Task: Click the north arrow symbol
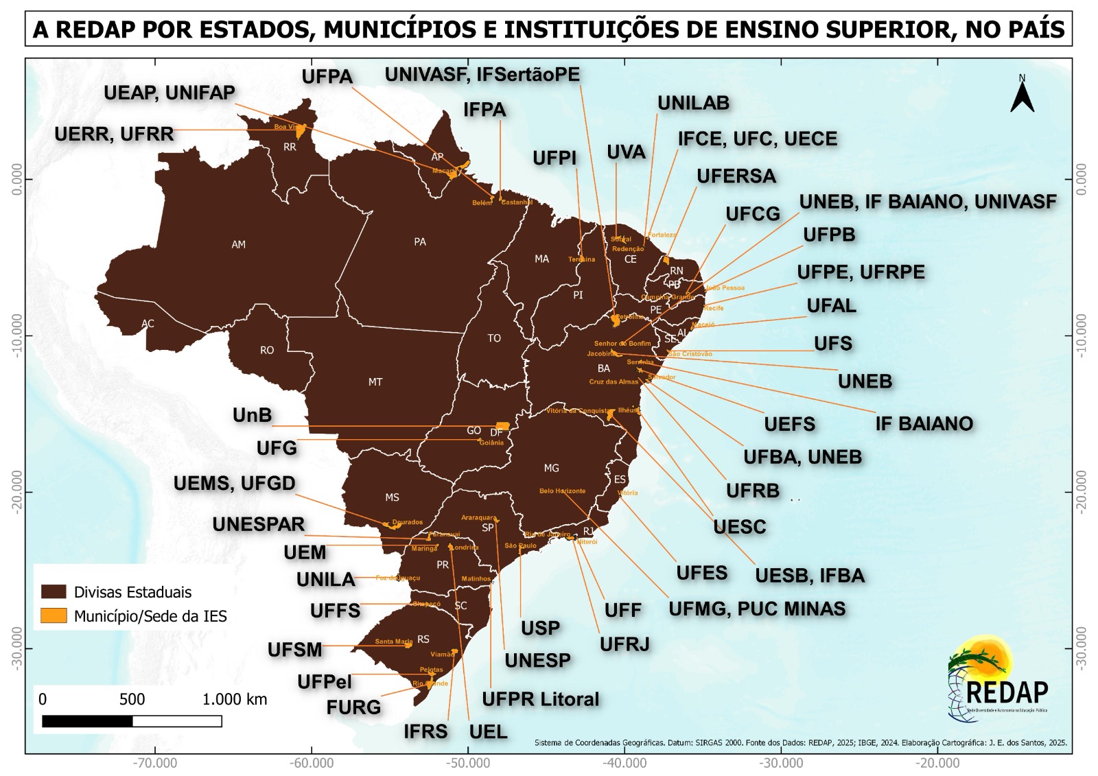tap(1022, 96)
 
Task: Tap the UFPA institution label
tap(327, 76)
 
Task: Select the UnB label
tap(252, 415)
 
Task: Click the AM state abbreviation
tap(238, 244)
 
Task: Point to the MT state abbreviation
tap(375, 382)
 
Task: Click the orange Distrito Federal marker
tap(503, 425)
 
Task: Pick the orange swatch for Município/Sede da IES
tap(54, 615)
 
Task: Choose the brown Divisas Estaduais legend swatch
tap(54, 591)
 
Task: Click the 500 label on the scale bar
tap(132, 699)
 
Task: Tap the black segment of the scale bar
tap(87, 721)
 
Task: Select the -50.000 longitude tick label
tap(469, 763)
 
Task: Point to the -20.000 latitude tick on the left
tap(16, 491)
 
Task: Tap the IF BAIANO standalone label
tap(924, 423)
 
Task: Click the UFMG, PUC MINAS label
tap(757, 609)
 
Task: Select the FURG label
tap(353, 707)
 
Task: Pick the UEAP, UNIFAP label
tap(170, 93)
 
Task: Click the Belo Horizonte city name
tap(562, 491)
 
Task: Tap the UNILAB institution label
tap(693, 103)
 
